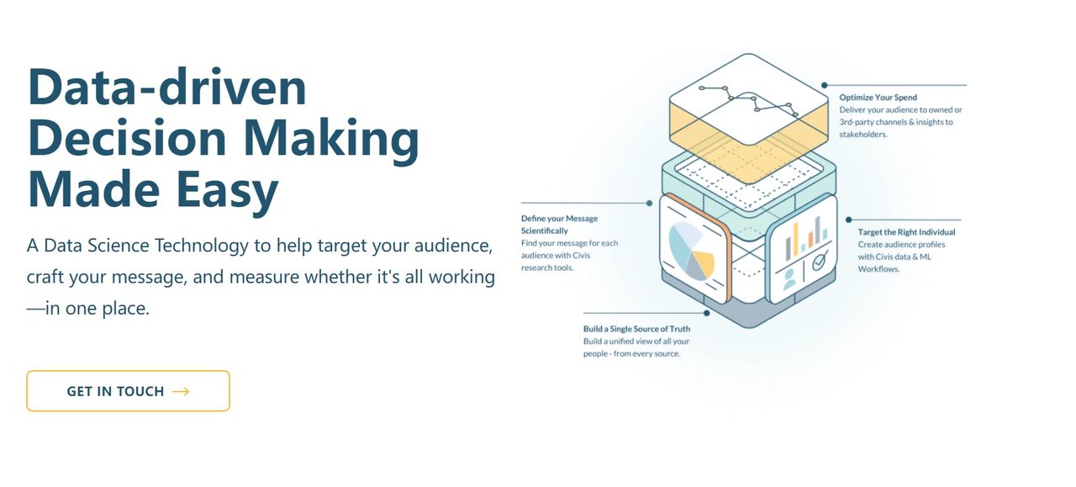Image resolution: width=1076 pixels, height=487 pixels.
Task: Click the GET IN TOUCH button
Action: click(x=129, y=391)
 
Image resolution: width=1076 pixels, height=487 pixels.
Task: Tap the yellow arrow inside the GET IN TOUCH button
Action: click(x=181, y=392)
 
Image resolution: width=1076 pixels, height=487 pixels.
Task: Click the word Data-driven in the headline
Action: click(x=167, y=87)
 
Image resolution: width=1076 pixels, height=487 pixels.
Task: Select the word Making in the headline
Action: click(x=331, y=139)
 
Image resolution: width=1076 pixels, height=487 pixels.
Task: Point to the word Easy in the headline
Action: click(x=227, y=190)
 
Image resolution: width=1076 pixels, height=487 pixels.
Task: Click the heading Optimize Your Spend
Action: click(x=878, y=97)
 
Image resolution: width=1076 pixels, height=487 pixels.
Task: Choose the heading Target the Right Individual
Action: click(x=906, y=231)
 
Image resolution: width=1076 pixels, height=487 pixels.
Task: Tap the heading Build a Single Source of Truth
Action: click(x=636, y=329)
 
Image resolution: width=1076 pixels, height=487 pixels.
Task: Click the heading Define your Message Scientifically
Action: click(x=559, y=225)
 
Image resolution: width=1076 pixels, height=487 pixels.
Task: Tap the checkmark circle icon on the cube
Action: click(x=820, y=261)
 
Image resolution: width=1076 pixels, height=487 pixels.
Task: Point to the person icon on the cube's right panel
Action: click(x=789, y=279)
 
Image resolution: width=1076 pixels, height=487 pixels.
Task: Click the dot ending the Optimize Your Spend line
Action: click(x=825, y=85)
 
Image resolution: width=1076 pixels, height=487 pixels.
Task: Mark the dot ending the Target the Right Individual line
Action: click(x=849, y=220)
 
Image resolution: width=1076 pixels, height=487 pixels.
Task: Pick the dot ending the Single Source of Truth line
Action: click(x=707, y=313)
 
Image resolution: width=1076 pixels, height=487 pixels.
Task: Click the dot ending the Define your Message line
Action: click(x=650, y=204)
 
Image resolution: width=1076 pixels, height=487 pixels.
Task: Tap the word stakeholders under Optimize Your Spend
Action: click(x=863, y=134)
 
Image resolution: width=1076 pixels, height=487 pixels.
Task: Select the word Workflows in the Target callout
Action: click(x=878, y=269)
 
